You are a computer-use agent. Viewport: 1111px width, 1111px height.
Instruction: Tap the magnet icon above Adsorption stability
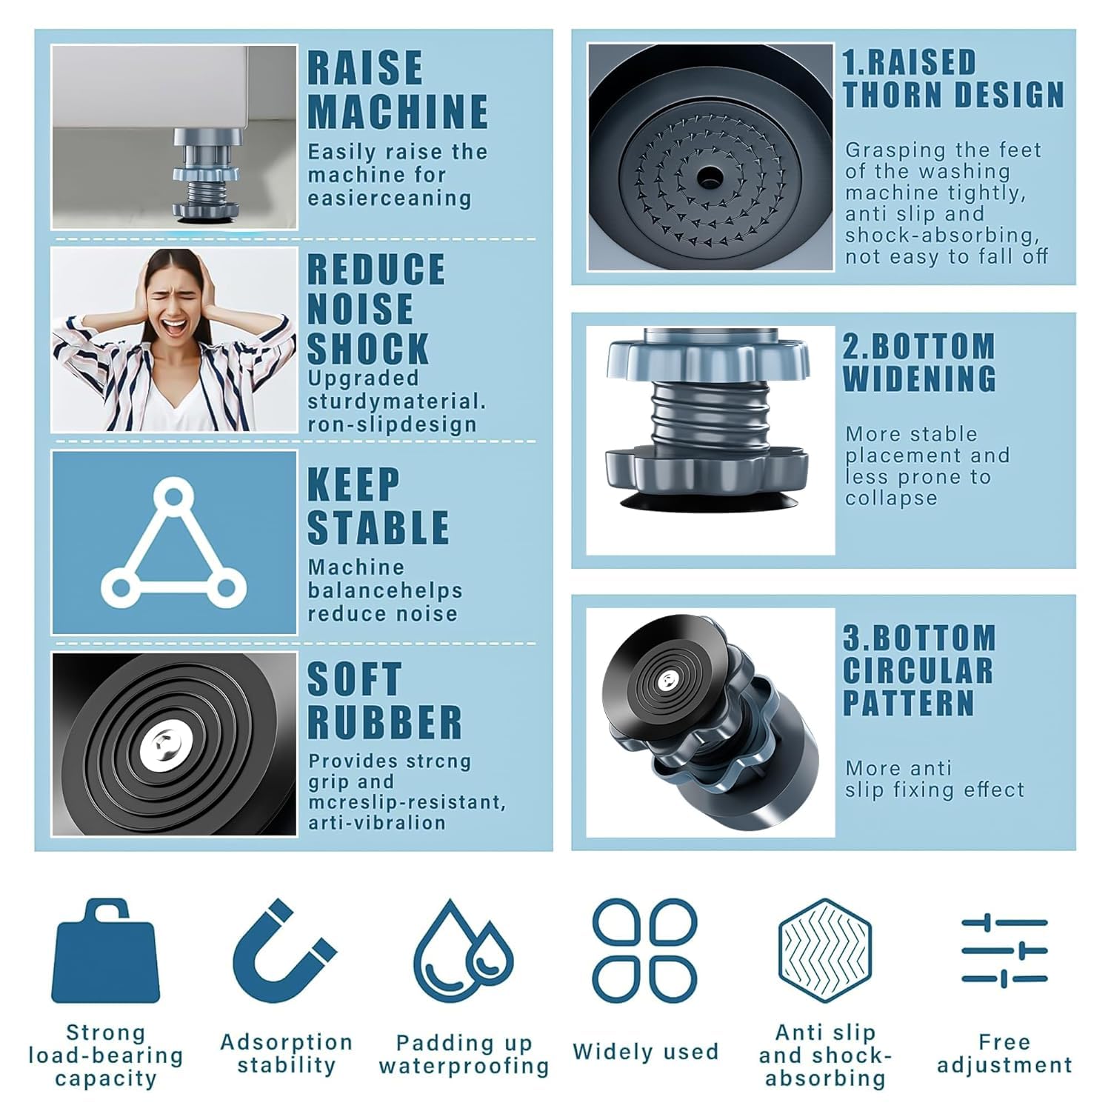(x=284, y=952)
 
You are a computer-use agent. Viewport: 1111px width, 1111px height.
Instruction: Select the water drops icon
(x=463, y=952)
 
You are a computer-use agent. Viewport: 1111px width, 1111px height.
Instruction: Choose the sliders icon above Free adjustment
(x=1004, y=951)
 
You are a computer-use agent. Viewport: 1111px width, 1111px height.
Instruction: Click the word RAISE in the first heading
(x=365, y=68)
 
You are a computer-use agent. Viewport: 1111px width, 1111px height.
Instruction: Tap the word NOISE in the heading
(x=360, y=309)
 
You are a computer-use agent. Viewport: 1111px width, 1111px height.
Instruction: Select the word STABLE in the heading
(x=378, y=527)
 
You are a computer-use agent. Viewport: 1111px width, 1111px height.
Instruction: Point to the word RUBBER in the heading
(x=385, y=722)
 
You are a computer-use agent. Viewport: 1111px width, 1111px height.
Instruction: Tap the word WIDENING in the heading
(x=919, y=378)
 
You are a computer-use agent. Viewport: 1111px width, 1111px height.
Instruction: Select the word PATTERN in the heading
(x=909, y=702)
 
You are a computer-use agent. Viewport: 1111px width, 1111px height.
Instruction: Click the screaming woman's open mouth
(x=173, y=325)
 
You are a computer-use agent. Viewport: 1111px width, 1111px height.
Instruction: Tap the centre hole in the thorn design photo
(x=710, y=176)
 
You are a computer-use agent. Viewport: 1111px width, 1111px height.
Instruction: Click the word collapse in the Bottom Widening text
(x=891, y=498)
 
